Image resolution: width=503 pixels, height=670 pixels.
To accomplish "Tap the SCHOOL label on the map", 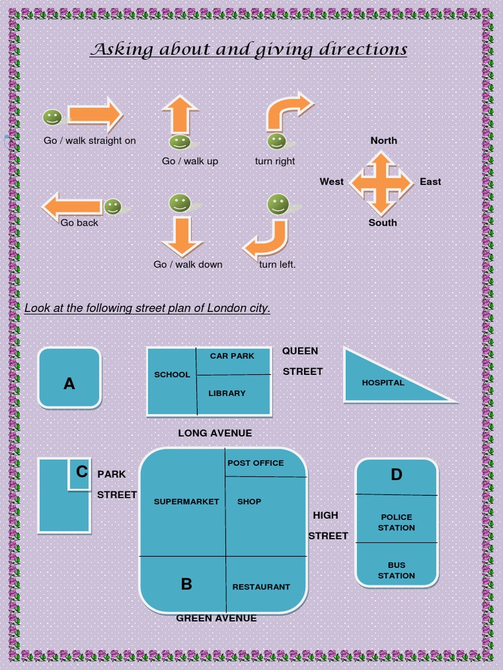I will point(172,375).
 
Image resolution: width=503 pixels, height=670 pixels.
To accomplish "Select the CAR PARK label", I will point(232,356).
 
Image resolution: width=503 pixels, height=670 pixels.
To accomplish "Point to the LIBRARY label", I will point(227,393).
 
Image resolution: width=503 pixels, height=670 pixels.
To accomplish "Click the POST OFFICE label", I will point(255,463).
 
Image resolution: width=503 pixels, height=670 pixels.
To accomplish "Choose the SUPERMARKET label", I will point(187,502).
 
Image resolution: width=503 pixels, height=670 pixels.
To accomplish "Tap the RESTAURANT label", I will point(261,587).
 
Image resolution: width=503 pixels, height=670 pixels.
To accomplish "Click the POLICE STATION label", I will point(396,522).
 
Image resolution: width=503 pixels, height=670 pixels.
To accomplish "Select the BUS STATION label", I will point(396,570).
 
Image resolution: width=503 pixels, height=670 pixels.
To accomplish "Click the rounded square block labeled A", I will point(69,378).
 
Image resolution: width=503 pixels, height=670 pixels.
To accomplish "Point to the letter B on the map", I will point(187,584).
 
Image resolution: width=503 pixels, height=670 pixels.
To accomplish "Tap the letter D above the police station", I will point(396,475).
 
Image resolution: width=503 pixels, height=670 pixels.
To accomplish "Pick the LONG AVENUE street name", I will point(215,433).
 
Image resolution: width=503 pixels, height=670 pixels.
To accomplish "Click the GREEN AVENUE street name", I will point(216,618).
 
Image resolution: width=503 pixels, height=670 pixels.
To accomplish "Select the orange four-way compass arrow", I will point(381,183).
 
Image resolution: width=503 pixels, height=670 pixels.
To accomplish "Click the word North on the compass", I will point(384,141).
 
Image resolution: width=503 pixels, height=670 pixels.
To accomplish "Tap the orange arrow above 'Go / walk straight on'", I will point(95,115).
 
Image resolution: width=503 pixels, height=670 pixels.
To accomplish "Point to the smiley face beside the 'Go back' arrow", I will point(113,207).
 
